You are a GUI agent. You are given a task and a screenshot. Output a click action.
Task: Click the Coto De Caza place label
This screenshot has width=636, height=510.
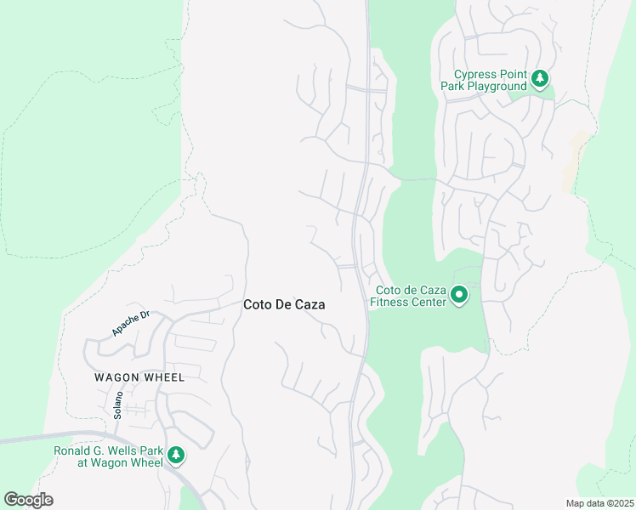tap(284, 304)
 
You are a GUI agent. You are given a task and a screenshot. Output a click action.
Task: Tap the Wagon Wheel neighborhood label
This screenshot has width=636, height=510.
tap(139, 377)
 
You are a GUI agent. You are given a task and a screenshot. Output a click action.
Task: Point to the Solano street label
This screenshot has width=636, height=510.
tap(118, 405)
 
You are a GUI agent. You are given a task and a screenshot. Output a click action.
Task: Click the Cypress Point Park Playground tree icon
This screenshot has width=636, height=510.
tap(539, 79)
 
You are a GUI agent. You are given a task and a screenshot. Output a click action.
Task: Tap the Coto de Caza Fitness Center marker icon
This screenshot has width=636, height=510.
tap(459, 295)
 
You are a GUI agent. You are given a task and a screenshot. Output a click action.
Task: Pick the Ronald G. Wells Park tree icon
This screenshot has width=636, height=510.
tap(176, 455)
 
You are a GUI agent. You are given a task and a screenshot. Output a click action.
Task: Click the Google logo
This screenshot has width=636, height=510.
tap(28, 500)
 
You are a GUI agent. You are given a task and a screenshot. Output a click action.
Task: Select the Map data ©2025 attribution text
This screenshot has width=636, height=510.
tap(599, 503)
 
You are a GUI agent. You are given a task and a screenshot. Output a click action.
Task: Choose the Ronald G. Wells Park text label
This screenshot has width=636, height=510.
tap(108, 456)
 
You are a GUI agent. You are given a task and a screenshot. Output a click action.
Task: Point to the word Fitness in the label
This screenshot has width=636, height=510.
tap(393, 303)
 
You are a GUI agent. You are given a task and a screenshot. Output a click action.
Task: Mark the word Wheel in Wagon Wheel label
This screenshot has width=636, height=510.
tap(165, 377)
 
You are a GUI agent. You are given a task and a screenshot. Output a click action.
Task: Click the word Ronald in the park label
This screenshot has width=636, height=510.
tap(73, 450)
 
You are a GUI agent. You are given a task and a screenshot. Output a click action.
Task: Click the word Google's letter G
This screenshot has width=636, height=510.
tap(11, 500)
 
